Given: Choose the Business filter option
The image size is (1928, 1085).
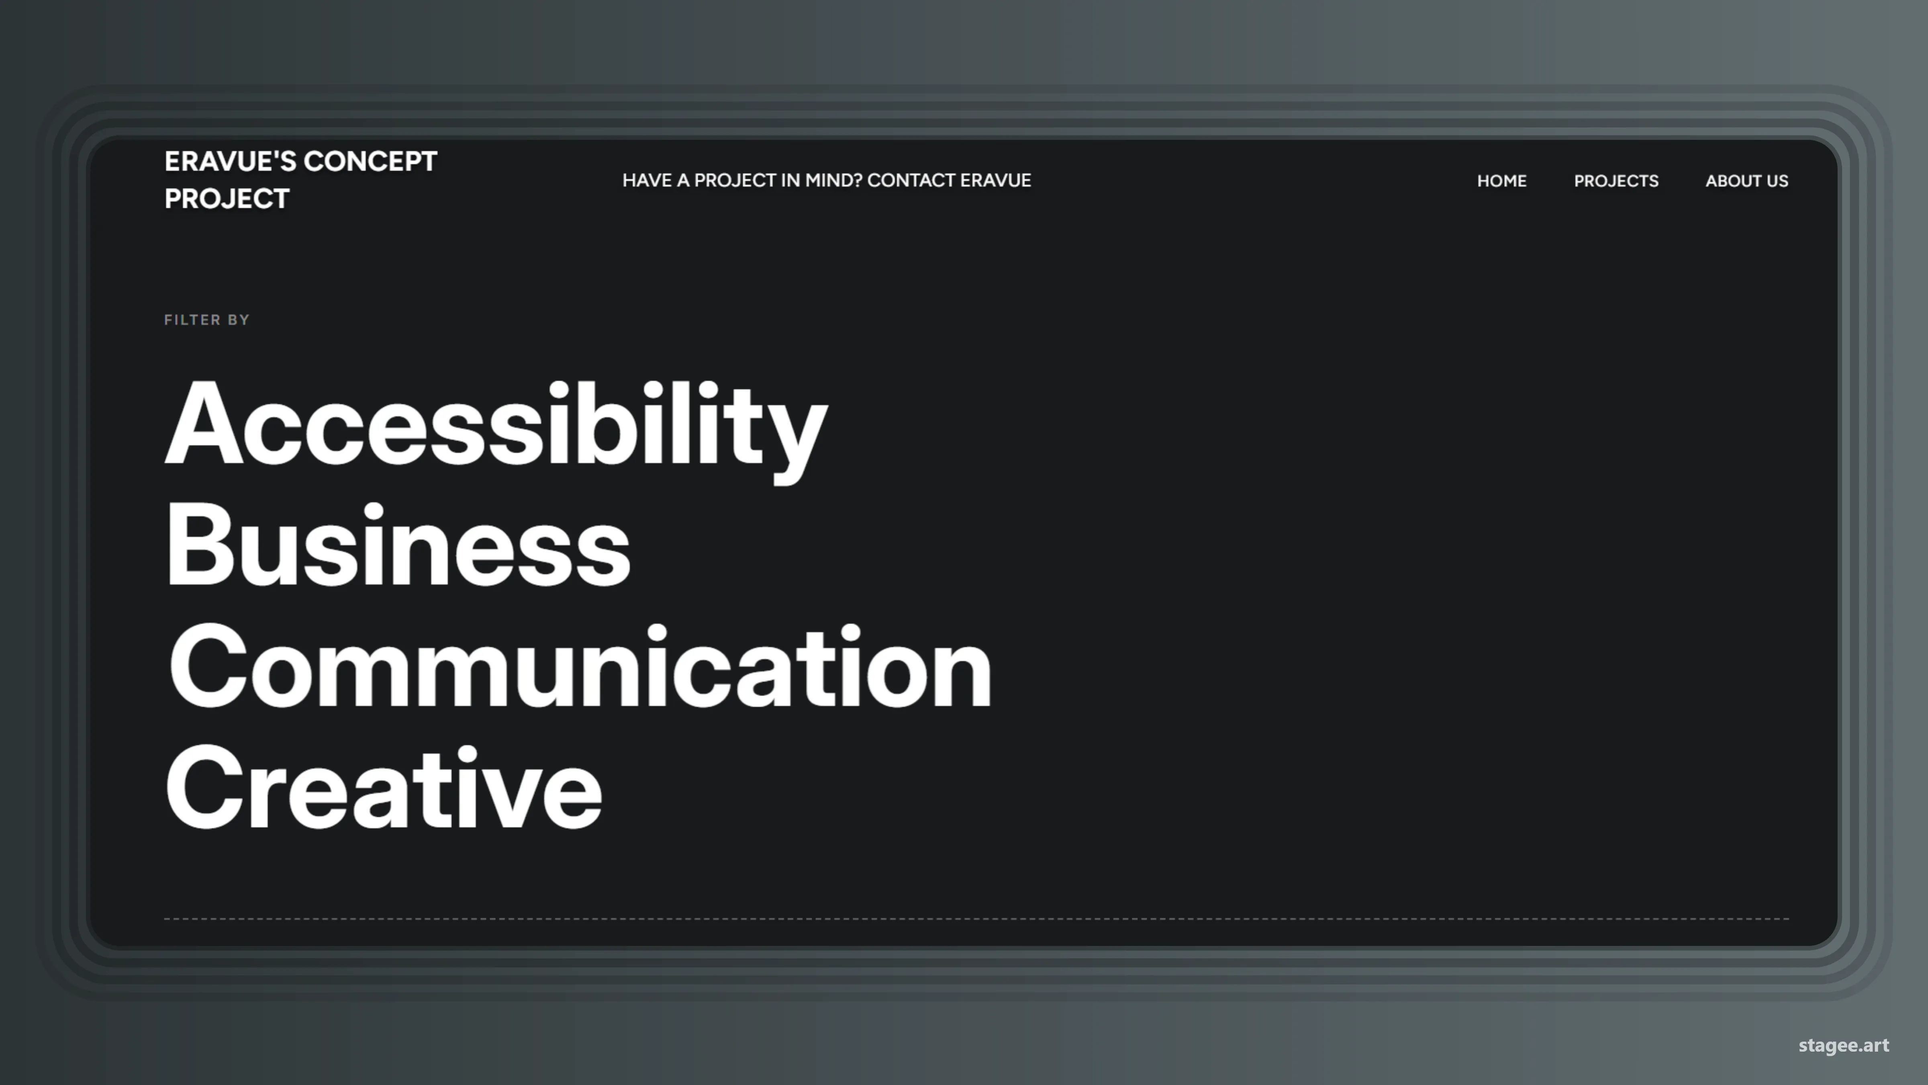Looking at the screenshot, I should point(397,547).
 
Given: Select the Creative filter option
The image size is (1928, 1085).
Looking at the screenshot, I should point(383,789).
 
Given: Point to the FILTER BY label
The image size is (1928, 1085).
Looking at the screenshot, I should point(206,320).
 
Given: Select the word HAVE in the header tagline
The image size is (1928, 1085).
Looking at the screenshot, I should point(647,180).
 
